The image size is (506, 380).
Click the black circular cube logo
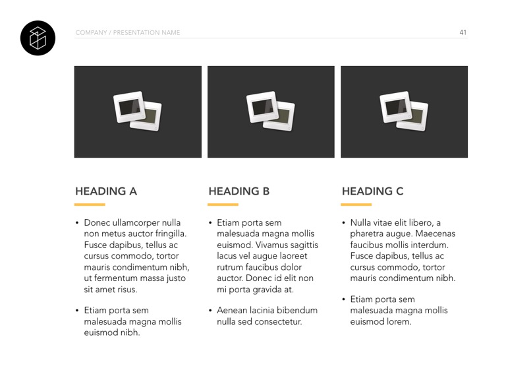pyautogui.click(x=38, y=37)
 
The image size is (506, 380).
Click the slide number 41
pyautogui.click(x=463, y=32)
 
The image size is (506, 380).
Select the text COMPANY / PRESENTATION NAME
pyautogui.click(x=127, y=32)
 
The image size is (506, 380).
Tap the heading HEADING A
pyautogui.click(x=106, y=191)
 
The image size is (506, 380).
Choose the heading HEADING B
pyautogui.click(x=239, y=191)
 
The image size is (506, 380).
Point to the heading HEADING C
pyautogui.click(x=372, y=191)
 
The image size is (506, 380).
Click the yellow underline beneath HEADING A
pyautogui.click(x=90, y=205)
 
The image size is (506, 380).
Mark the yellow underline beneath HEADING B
pyautogui.click(x=223, y=205)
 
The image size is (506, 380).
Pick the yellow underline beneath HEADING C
pyautogui.click(x=356, y=205)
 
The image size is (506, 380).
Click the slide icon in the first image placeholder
pyautogui.click(x=138, y=110)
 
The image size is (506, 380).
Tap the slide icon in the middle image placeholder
pyautogui.click(x=271, y=110)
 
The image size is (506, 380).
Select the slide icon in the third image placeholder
pyautogui.click(x=404, y=110)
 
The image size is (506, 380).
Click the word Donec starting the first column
pyautogui.click(x=96, y=223)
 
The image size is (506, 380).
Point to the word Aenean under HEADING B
pyautogui.click(x=232, y=311)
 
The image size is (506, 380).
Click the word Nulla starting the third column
pyautogui.click(x=362, y=223)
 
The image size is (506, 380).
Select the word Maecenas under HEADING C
pyautogui.click(x=434, y=234)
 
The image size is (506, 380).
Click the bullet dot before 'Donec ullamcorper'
pyautogui.click(x=77, y=223)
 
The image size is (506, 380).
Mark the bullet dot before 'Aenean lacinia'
pyautogui.click(x=210, y=311)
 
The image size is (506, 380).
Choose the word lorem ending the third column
pyautogui.click(x=400, y=322)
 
